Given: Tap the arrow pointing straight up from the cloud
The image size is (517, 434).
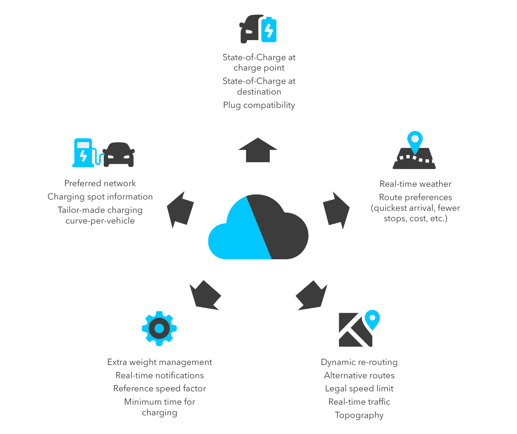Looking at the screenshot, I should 258,151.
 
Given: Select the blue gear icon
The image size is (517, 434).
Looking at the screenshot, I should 159,328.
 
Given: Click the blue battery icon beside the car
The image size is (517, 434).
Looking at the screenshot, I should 269,30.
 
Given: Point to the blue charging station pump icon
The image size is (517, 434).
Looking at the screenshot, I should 84,153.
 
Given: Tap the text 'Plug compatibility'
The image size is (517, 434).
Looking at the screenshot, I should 259,105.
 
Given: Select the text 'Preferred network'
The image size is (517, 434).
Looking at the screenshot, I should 100,183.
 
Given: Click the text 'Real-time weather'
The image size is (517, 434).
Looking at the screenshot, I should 415,184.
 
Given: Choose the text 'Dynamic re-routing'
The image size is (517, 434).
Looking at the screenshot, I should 359,362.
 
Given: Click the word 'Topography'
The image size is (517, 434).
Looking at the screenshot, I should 359,415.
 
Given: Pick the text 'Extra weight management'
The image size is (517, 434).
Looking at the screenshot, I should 159,362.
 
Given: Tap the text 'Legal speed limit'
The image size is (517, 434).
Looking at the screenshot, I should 359,388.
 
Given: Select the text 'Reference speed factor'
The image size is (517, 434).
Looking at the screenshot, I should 159,388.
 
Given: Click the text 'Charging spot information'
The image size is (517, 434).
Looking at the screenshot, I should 100,197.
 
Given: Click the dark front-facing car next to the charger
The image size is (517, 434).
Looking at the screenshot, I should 119,154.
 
